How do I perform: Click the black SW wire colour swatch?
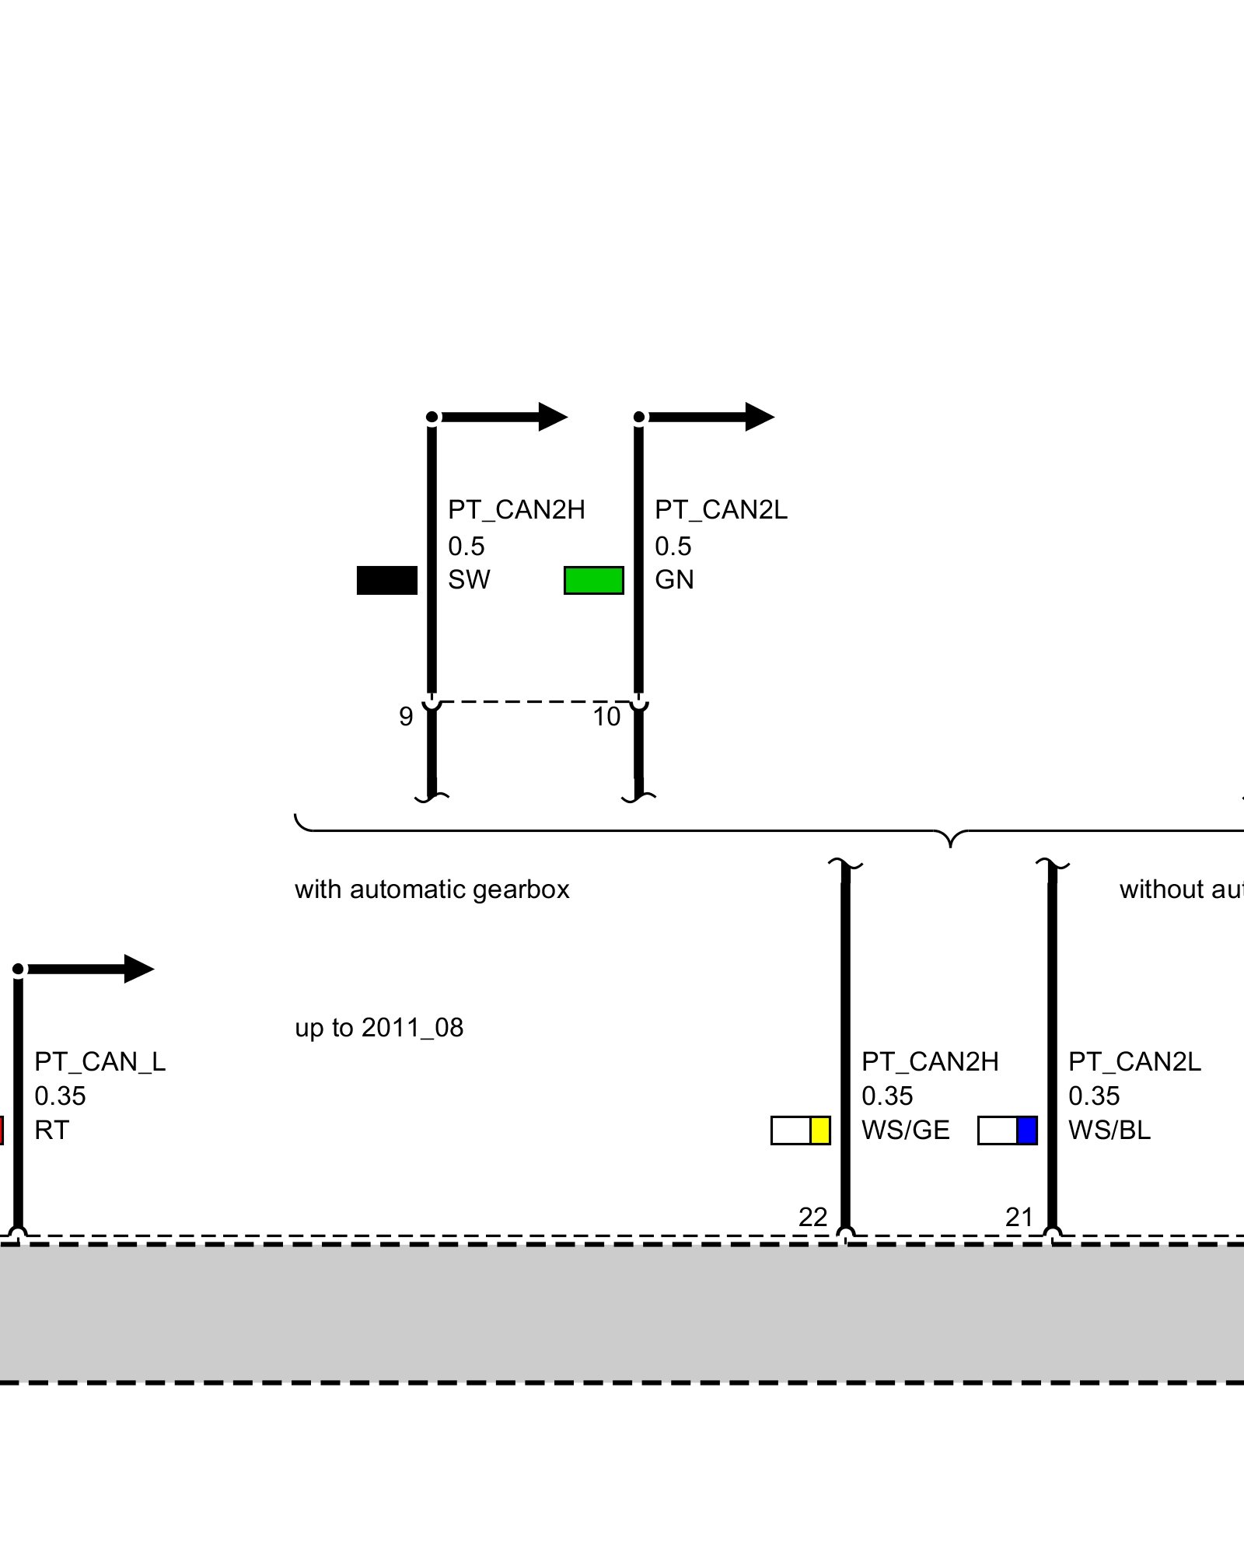click(x=386, y=580)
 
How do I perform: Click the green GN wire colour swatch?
click(x=593, y=580)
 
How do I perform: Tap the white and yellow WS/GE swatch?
click(x=800, y=1130)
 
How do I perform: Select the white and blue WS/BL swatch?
click(x=1007, y=1130)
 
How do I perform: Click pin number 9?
click(x=406, y=716)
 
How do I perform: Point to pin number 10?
click(x=606, y=716)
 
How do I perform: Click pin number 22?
click(x=812, y=1217)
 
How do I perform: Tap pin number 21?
click(x=1019, y=1217)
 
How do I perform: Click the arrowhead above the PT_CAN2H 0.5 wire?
click(x=553, y=417)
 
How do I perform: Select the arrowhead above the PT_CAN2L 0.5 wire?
click(x=760, y=417)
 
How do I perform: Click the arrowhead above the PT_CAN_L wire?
click(x=139, y=969)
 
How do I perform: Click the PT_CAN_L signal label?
click(x=100, y=1061)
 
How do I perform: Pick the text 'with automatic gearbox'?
click(x=432, y=889)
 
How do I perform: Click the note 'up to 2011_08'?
click(x=379, y=1027)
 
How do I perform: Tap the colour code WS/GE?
click(x=905, y=1130)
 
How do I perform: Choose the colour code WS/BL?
click(x=1109, y=1130)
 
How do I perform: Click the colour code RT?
click(x=51, y=1130)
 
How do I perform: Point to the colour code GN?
click(x=674, y=579)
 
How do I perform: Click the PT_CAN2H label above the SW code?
click(x=516, y=509)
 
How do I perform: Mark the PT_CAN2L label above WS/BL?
click(x=1134, y=1061)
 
